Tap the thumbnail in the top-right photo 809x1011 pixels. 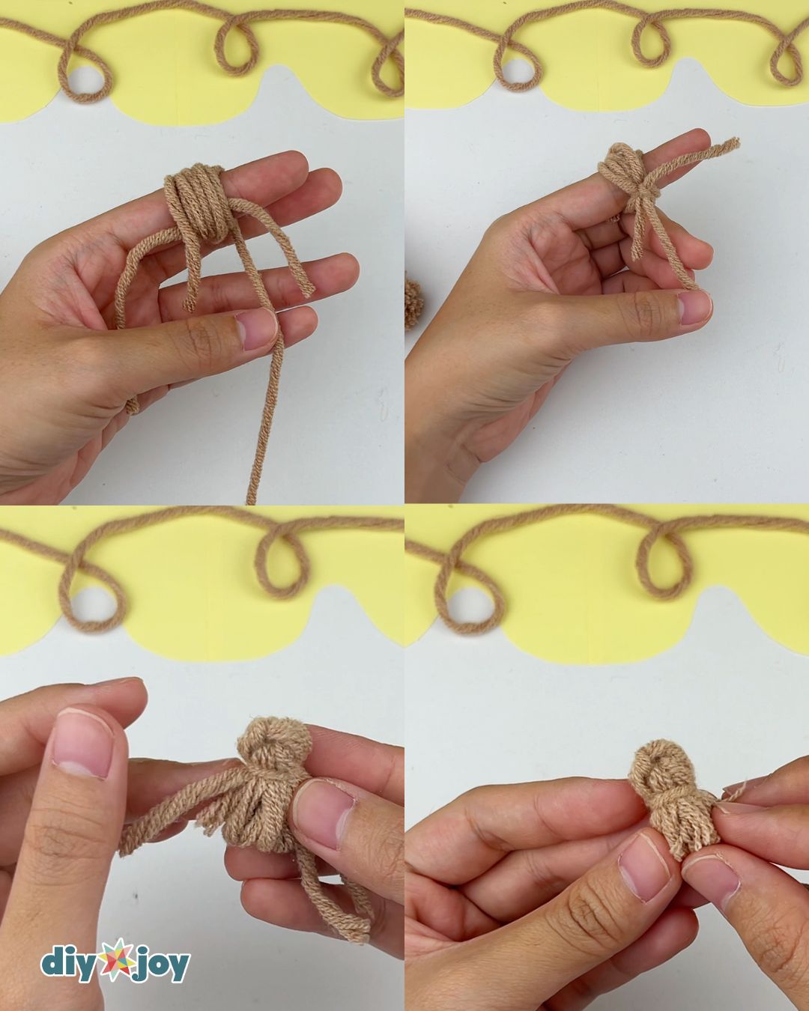(694, 308)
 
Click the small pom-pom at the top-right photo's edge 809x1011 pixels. (413, 303)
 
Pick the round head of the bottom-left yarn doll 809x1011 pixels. (277, 741)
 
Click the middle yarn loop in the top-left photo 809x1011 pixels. (234, 46)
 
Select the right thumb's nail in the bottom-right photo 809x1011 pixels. (711, 878)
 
